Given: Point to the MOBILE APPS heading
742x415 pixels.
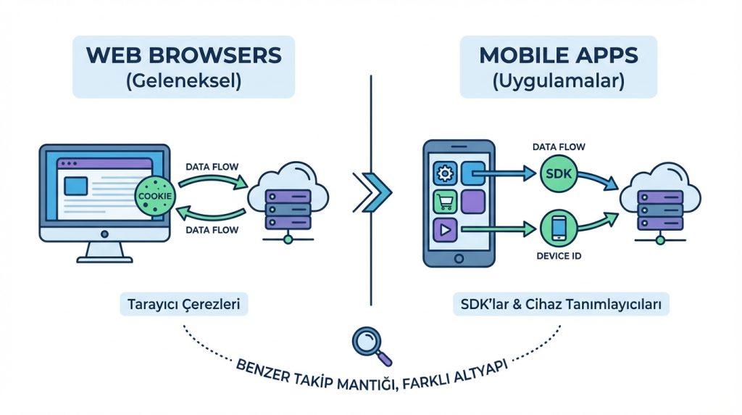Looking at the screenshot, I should pyautogui.click(x=558, y=55).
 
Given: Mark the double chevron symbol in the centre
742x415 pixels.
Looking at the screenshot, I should pyautogui.click(x=372, y=192).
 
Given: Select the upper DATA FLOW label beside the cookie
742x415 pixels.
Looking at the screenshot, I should pyautogui.click(x=210, y=166).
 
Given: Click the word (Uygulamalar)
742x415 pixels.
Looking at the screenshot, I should pyautogui.click(x=558, y=80).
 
